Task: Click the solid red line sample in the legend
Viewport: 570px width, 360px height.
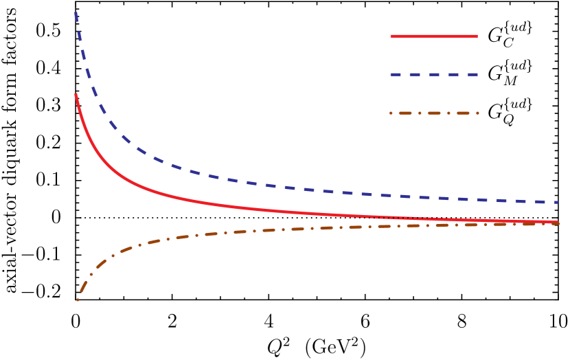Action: [434, 36]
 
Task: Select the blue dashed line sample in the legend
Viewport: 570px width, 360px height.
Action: [434, 74]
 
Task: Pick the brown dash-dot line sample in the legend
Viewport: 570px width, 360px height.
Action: [434, 113]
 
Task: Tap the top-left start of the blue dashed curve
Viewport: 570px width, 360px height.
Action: [76, 13]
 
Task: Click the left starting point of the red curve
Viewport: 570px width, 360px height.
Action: [76, 95]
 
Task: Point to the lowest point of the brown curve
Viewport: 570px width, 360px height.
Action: [78, 300]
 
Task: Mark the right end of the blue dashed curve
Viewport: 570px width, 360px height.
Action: [557, 203]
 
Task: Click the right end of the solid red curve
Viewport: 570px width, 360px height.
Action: [557, 222]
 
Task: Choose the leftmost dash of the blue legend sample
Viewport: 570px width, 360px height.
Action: [396, 74]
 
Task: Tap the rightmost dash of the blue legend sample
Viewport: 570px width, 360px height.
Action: [472, 74]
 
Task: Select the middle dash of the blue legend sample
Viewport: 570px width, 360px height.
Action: [434, 74]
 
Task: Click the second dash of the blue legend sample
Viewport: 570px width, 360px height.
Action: [415, 74]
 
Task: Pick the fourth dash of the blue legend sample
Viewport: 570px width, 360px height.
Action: [453, 74]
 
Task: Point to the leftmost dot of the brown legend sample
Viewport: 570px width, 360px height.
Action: [391, 113]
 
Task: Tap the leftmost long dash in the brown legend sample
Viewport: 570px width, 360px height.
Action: [405, 113]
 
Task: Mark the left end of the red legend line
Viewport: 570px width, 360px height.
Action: [391, 36]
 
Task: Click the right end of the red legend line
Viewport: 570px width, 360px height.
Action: [477, 36]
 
